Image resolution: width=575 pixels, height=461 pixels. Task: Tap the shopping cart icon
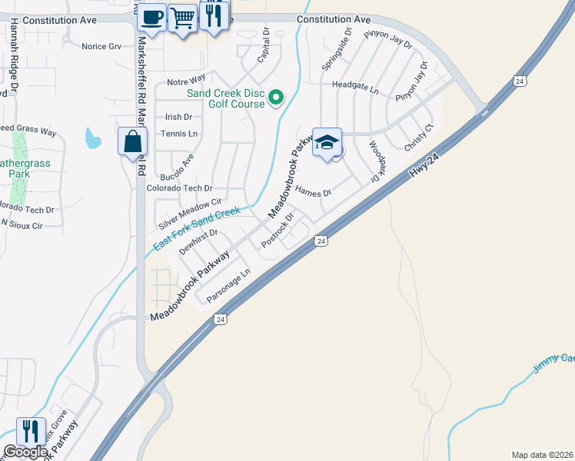182,16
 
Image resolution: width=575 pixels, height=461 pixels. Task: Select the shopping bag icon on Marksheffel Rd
133,141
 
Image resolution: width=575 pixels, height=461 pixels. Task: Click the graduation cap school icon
327,142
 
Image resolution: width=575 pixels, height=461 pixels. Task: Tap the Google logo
25,452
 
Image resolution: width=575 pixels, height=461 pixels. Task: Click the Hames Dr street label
313,192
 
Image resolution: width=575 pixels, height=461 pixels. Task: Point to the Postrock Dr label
278,230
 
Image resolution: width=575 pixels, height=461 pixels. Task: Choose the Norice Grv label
101,46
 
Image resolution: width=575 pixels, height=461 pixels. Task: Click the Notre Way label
186,79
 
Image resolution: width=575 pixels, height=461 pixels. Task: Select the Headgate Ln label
355,90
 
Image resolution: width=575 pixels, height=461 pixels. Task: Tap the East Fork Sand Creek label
197,228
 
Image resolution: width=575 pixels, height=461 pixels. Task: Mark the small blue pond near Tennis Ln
92,138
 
